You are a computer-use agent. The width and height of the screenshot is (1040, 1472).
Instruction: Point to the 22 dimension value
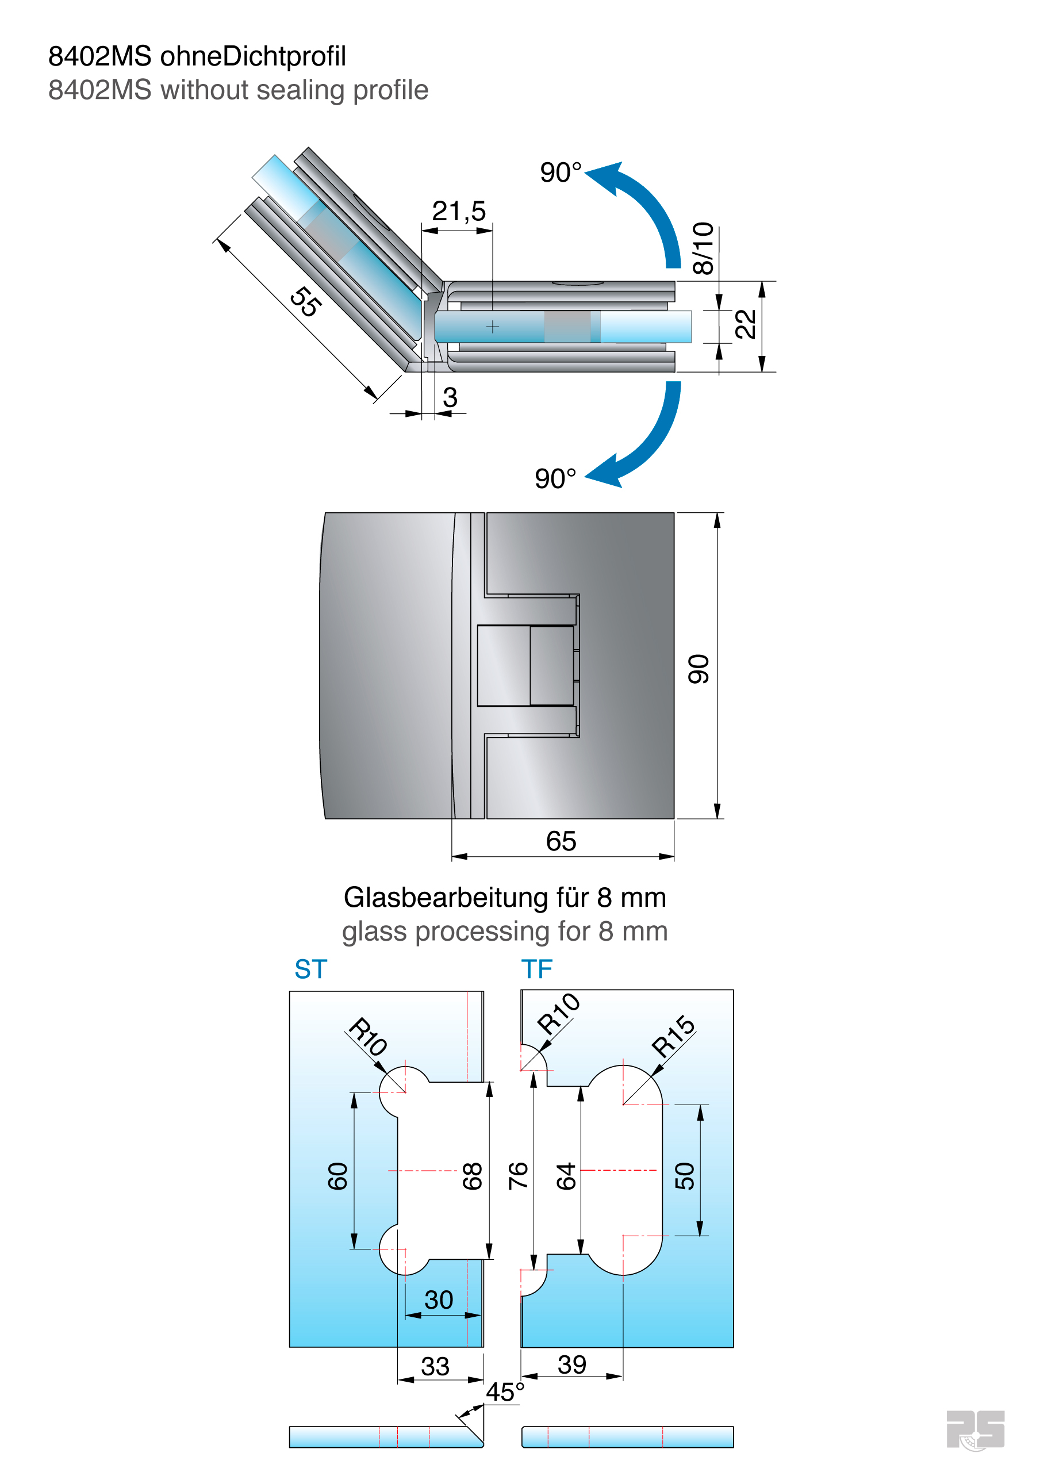(x=745, y=324)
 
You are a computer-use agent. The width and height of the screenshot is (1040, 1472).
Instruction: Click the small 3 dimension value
(x=450, y=397)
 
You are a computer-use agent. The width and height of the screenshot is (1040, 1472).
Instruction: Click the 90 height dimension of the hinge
(x=699, y=669)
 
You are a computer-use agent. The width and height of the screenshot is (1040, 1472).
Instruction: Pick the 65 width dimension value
(x=561, y=841)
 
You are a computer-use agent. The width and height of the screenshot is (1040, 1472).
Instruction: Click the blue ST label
(x=311, y=969)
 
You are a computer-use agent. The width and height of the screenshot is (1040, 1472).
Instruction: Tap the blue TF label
(x=536, y=969)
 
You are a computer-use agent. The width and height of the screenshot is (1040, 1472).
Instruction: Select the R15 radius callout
(x=673, y=1036)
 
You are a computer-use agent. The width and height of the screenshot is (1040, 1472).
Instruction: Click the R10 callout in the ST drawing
(x=368, y=1036)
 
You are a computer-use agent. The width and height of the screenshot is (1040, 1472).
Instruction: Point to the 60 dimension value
(x=338, y=1176)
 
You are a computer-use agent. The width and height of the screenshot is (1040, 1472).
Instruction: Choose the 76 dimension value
(x=518, y=1176)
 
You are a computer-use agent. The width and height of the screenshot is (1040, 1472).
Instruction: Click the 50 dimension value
(x=685, y=1176)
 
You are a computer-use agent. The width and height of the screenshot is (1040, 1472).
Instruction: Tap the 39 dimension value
(x=572, y=1364)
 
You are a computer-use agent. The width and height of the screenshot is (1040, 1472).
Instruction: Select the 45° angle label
(x=505, y=1392)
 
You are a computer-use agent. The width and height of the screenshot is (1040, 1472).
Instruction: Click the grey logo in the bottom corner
(x=975, y=1429)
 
